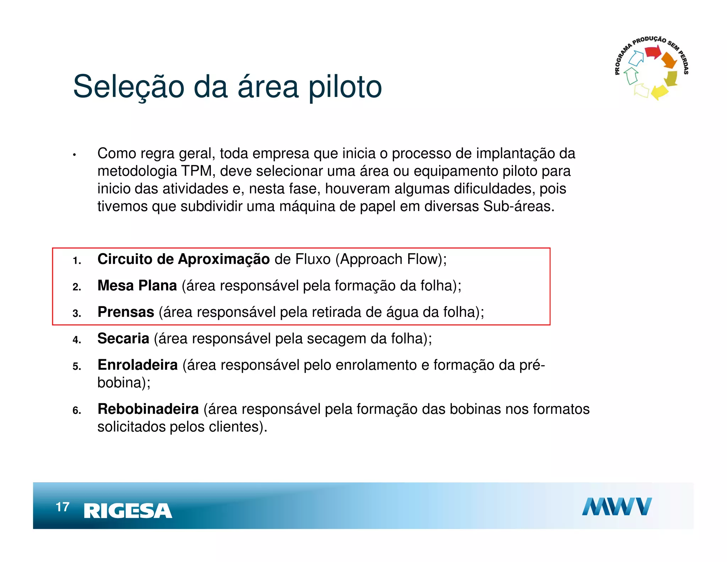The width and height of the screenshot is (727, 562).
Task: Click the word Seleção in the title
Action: click(128, 87)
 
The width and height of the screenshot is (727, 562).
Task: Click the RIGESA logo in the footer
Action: click(128, 511)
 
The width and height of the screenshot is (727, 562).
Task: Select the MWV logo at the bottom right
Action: click(617, 506)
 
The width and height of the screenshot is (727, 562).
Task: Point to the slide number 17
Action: click(62, 507)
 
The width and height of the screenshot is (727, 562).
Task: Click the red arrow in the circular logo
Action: click(652, 53)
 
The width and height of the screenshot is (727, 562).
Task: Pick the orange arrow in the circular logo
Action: click(669, 60)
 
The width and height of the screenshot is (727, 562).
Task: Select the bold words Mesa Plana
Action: click(137, 286)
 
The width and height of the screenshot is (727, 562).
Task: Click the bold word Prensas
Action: click(126, 312)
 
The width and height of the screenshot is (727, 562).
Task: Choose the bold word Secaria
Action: click(123, 339)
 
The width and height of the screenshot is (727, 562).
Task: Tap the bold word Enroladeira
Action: click(137, 365)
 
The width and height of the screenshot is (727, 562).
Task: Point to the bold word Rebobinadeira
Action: click(148, 409)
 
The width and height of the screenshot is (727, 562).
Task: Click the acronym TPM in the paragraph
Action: click(196, 171)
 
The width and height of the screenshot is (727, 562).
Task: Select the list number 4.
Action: click(77, 340)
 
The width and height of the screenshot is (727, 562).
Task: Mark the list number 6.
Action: click(77, 411)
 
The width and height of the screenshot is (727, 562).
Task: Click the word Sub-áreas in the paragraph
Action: click(518, 206)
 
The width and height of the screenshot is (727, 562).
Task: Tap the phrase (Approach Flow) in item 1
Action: click(391, 259)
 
